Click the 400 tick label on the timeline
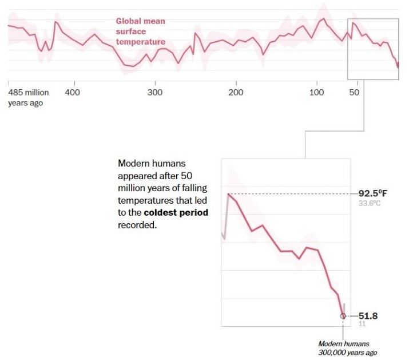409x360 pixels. (x=72, y=92)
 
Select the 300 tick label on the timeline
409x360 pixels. (x=154, y=92)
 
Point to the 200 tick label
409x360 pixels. (x=236, y=92)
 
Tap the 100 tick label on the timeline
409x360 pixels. (x=316, y=92)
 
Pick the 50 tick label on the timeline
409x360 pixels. (x=354, y=92)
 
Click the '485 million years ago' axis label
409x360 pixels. (x=29, y=97)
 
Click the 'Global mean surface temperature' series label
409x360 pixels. (x=141, y=31)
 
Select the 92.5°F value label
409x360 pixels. (x=373, y=193)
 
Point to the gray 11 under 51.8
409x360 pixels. (x=362, y=324)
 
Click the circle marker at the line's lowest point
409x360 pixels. (x=343, y=315)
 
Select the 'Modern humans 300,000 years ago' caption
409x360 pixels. (x=348, y=348)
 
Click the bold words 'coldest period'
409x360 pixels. (x=176, y=213)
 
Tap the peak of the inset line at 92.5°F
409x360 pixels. (x=229, y=194)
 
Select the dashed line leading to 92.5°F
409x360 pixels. (x=292, y=194)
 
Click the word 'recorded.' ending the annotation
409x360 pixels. (x=137, y=226)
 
